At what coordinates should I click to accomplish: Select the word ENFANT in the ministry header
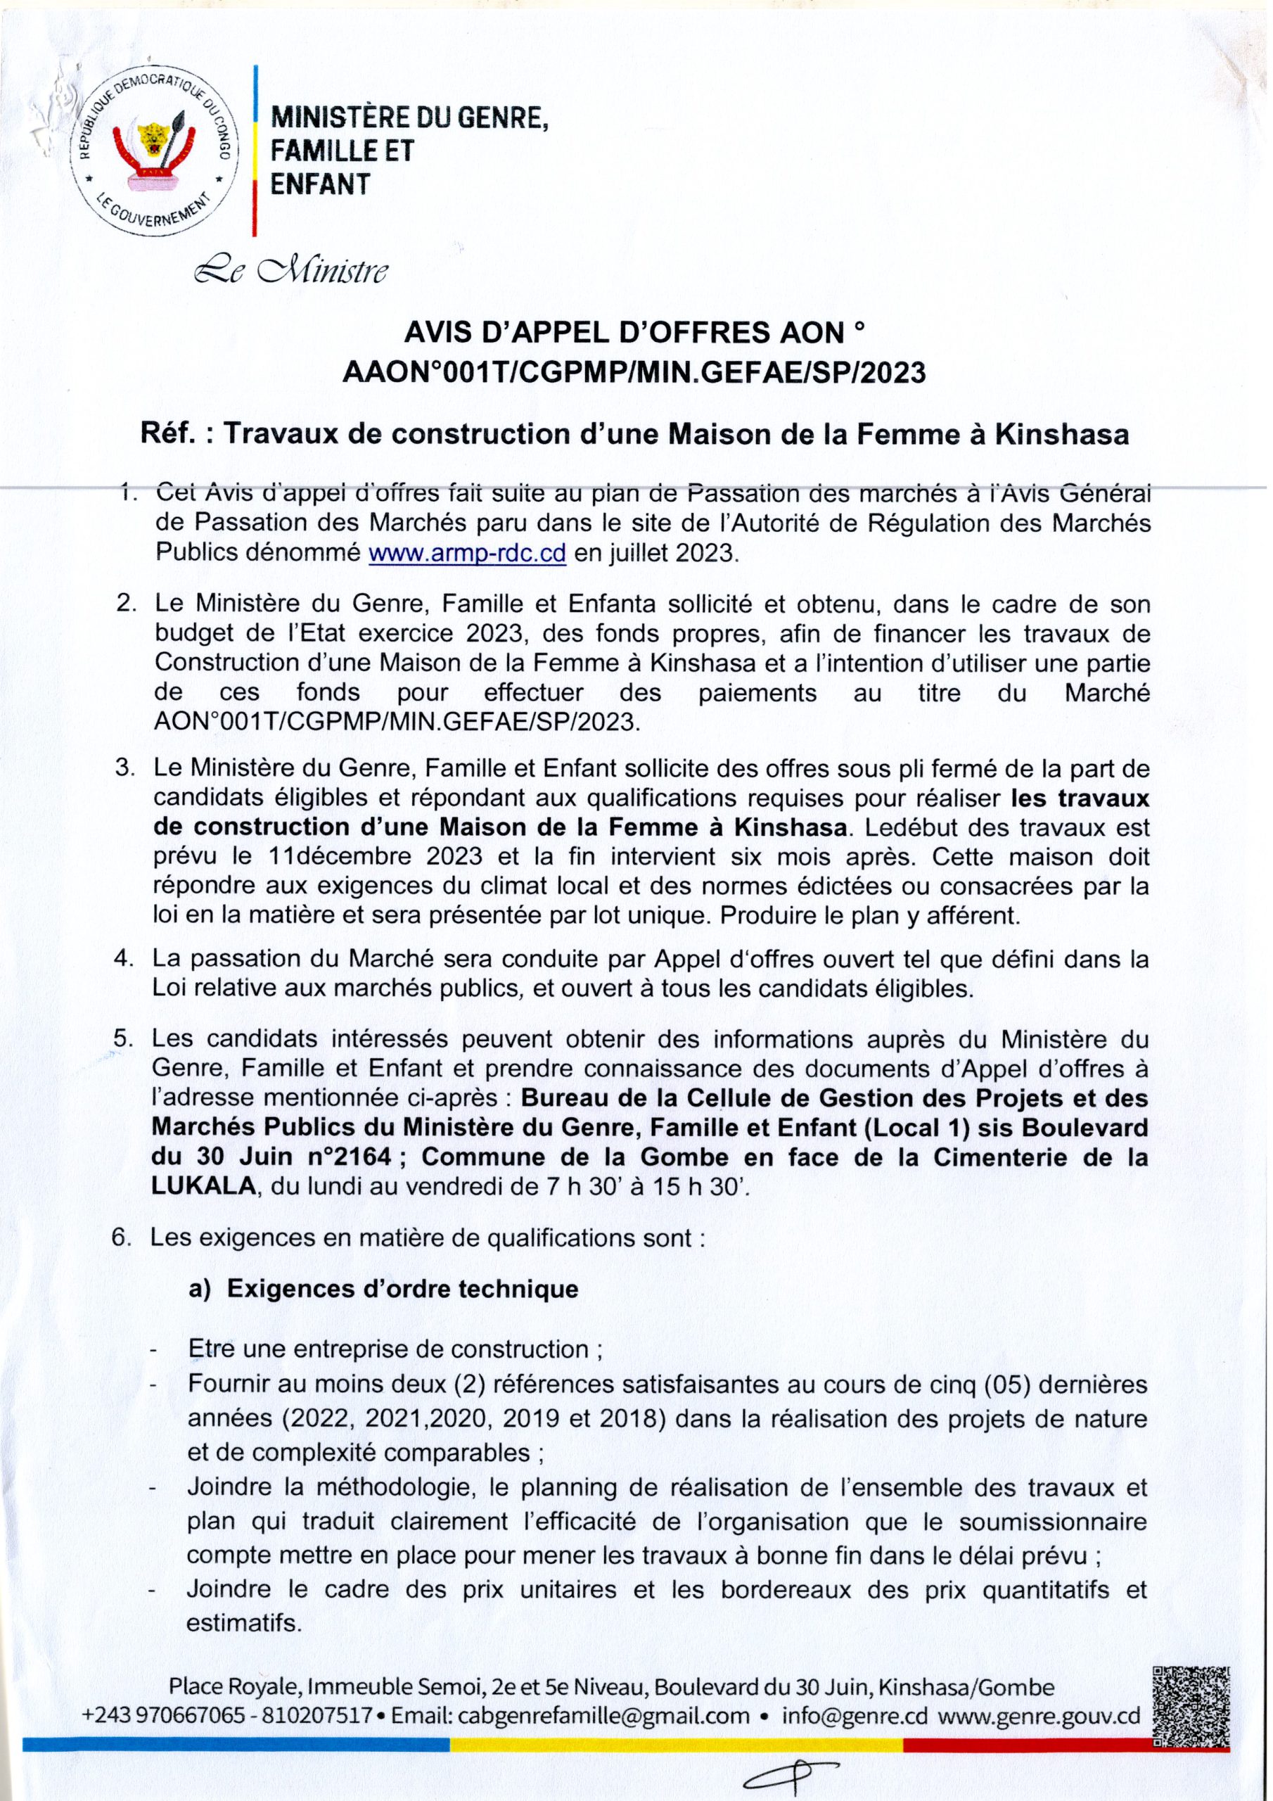point(320,184)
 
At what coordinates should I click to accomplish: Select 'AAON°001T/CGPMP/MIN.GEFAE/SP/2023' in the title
point(634,372)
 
